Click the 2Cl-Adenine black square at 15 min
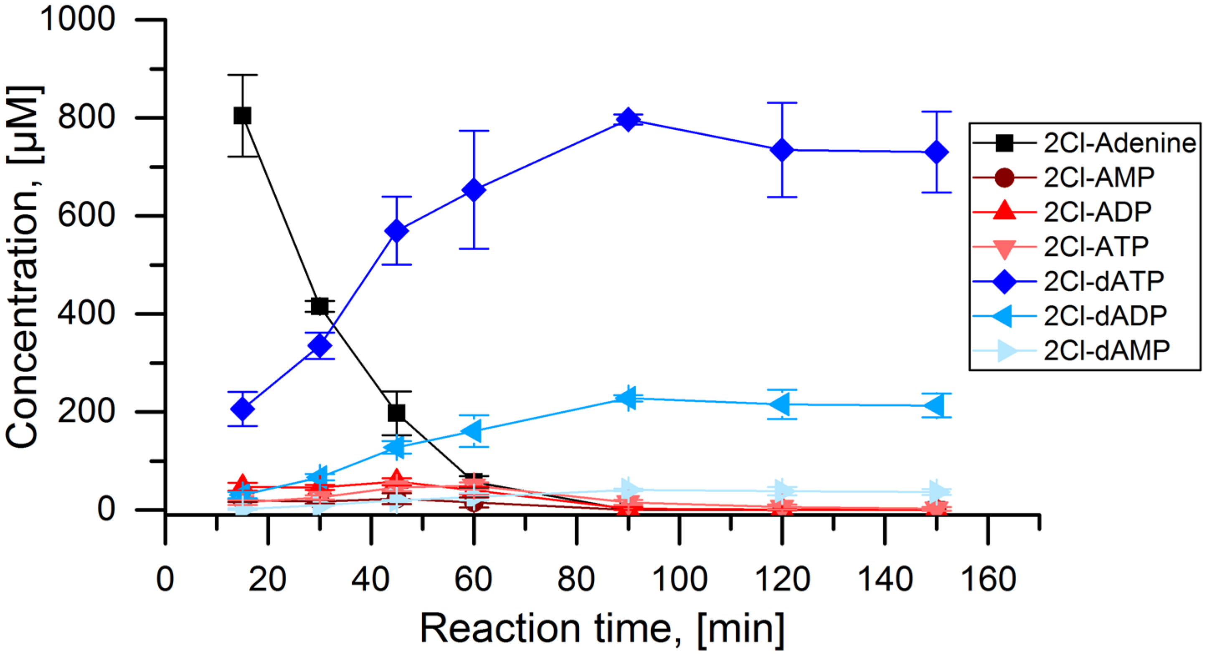pos(242,115)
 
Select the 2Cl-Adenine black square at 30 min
pos(319,306)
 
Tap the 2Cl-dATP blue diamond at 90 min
pos(628,120)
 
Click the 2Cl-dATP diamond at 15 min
pos(242,409)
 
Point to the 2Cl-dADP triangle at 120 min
pos(781,403)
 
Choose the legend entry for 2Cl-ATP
pos(1096,247)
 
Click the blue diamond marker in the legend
pos(1004,281)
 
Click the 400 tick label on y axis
pos(86,313)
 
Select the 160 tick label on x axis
pos(988,579)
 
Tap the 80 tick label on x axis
pos(576,579)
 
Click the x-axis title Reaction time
pos(602,628)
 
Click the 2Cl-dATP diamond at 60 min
pos(474,190)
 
